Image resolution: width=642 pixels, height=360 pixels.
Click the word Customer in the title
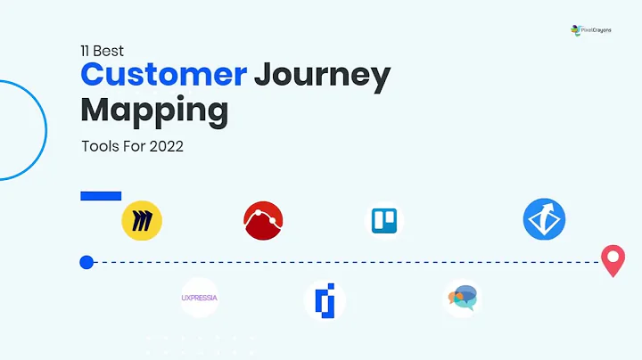point(163,73)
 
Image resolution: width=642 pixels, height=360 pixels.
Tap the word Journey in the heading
point(322,75)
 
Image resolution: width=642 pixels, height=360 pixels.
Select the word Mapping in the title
point(154,111)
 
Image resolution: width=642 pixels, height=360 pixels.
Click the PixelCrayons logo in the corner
point(591,29)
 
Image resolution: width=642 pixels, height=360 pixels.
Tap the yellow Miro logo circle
point(141,220)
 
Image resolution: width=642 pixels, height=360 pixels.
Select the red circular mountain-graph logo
point(263,220)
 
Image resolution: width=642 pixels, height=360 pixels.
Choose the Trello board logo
point(386,221)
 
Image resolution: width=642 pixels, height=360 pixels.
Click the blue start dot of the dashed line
point(86,262)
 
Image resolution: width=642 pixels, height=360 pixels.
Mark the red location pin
point(613,260)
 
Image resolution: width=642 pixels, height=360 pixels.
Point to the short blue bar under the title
point(101,195)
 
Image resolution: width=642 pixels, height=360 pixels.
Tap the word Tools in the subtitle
point(99,146)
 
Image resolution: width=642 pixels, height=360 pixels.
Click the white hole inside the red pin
point(613,256)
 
